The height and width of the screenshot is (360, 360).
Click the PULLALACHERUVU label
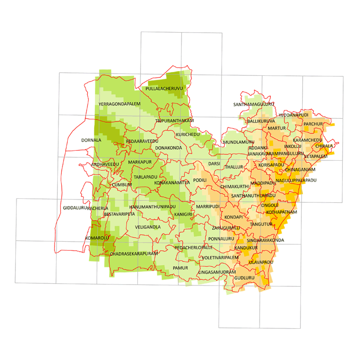pos(164,88)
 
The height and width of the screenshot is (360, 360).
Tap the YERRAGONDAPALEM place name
pos(120,104)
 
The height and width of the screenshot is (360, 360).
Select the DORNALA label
pos(91,140)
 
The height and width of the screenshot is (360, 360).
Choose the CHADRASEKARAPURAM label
pos(131,254)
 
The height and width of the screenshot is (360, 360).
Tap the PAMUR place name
pos(180,268)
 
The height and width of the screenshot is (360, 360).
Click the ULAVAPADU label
pos(261,261)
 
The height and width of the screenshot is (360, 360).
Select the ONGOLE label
pos(270,205)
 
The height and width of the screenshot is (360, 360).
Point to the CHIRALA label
pos(324,146)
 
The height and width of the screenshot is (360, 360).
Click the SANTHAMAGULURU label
pos(253,104)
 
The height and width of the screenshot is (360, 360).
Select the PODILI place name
pos(200,180)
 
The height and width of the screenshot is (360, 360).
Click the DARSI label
pos(214,164)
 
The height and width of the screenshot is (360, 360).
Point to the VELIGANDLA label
pos(147,227)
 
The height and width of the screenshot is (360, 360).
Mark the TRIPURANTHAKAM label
pos(174,121)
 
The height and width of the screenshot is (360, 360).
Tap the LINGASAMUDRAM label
pos(217,272)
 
